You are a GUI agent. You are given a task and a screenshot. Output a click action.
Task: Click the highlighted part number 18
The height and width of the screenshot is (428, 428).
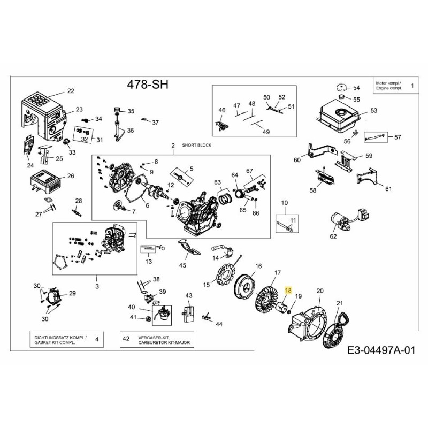pos(288,291)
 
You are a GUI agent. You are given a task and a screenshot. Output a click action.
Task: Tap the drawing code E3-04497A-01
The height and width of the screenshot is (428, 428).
pos(380,351)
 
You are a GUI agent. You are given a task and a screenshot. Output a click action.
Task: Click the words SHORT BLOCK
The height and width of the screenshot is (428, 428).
pos(196,146)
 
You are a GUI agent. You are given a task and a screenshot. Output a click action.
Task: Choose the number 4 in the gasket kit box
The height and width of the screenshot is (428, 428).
pos(96,339)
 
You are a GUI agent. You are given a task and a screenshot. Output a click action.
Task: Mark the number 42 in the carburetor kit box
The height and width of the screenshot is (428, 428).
pos(126,339)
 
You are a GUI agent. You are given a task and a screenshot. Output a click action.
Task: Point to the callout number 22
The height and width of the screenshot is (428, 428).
pos(71,90)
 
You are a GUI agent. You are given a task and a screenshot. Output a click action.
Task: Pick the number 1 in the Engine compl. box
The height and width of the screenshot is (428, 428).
pos(412,86)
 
